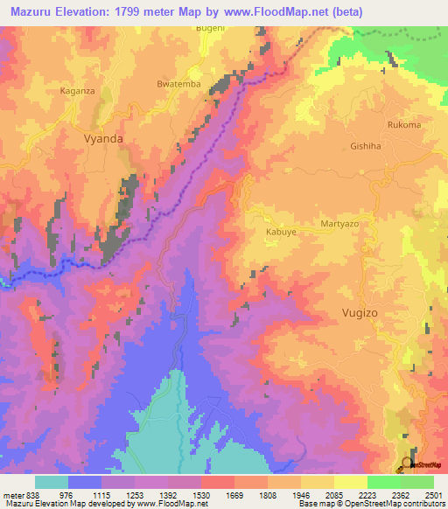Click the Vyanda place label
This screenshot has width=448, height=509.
102,138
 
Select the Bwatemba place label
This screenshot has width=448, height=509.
178,84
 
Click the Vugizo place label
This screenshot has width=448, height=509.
359,311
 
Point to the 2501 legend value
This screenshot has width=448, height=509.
428,494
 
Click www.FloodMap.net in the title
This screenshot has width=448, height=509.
271,10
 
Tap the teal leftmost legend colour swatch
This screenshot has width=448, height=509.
51,482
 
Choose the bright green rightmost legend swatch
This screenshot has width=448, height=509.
416,482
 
